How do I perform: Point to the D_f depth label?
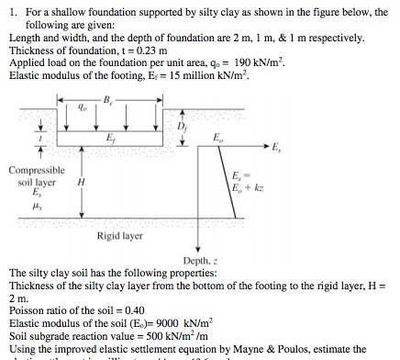[182, 126]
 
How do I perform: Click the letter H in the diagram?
[82, 181]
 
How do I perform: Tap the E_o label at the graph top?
[217, 138]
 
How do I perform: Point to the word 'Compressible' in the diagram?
[38, 169]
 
